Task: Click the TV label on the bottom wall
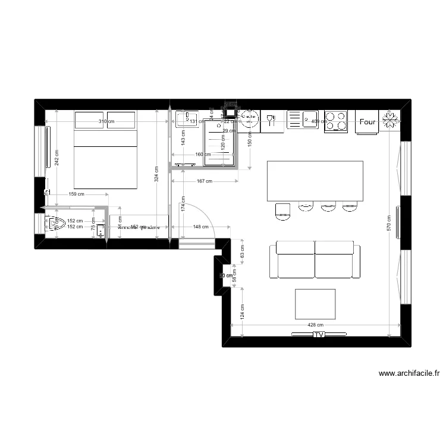[x=319, y=335]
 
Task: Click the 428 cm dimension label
[x=316, y=325]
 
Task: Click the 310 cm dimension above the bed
[x=106, y=122]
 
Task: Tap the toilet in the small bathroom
[x=57, y=224]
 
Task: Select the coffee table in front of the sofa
[x=315, y=304]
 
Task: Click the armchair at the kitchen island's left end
[x=282, y=210]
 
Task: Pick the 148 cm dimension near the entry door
[x=201, y=227]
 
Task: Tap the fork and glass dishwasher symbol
[x=272, y=121]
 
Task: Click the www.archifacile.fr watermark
[x=409, y=374]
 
